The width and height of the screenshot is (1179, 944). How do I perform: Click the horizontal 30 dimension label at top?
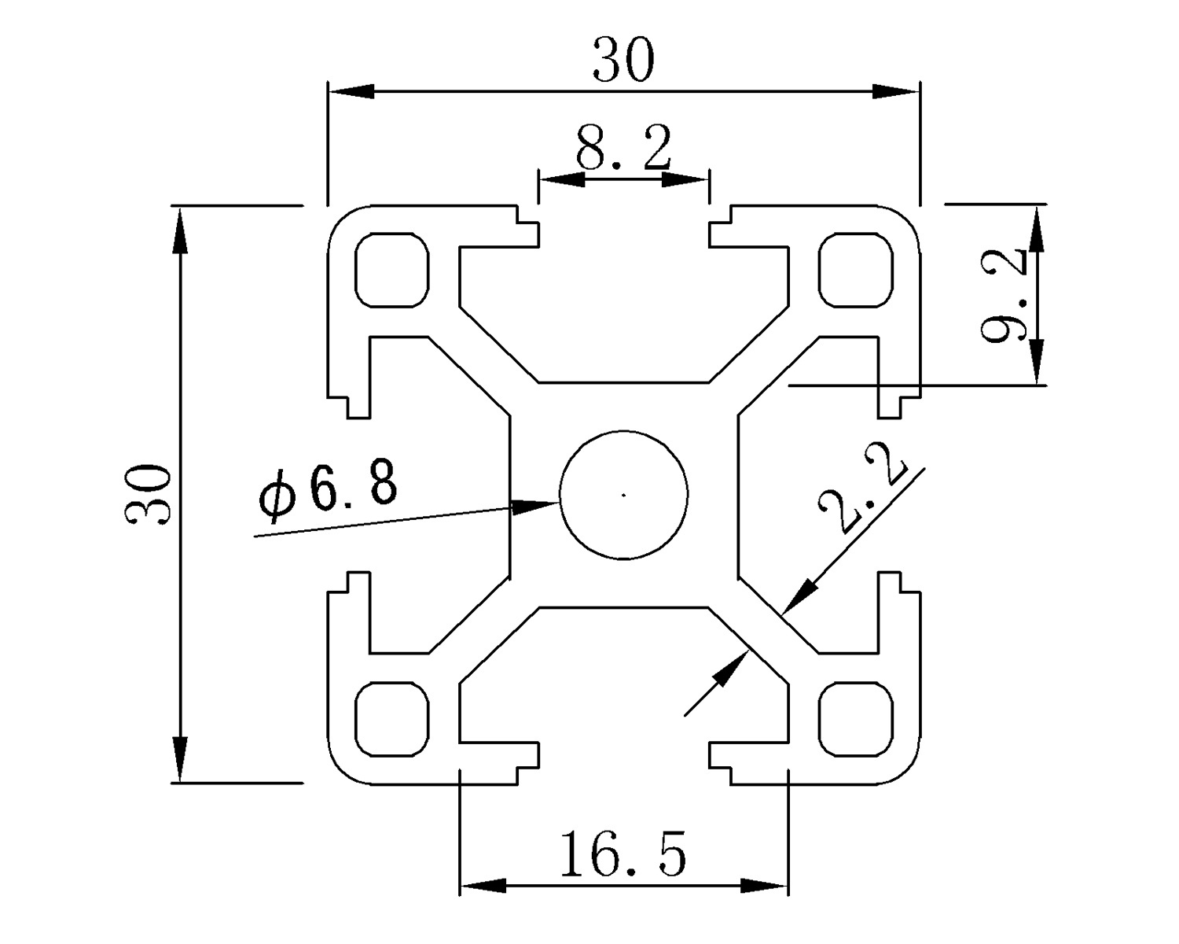(x=623, y=61)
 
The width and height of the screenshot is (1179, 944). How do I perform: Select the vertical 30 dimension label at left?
(x=148, y=494)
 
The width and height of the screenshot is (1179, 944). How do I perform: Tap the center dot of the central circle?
(x=623, y=495)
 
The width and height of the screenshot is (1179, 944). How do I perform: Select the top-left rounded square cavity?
(x=393, y=269)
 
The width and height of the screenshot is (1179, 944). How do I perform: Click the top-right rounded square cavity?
(x=856, y=269)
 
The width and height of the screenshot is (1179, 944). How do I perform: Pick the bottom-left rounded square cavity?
(x=393, y=719)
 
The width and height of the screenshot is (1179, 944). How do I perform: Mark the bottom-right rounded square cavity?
(x=856, y=719)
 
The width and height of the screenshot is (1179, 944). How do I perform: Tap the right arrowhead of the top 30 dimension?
(x=896, y=91)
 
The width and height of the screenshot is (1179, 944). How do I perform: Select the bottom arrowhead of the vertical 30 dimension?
(x=181, y=760)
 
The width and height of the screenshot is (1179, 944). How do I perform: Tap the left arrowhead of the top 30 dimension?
(x=351, y=91)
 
